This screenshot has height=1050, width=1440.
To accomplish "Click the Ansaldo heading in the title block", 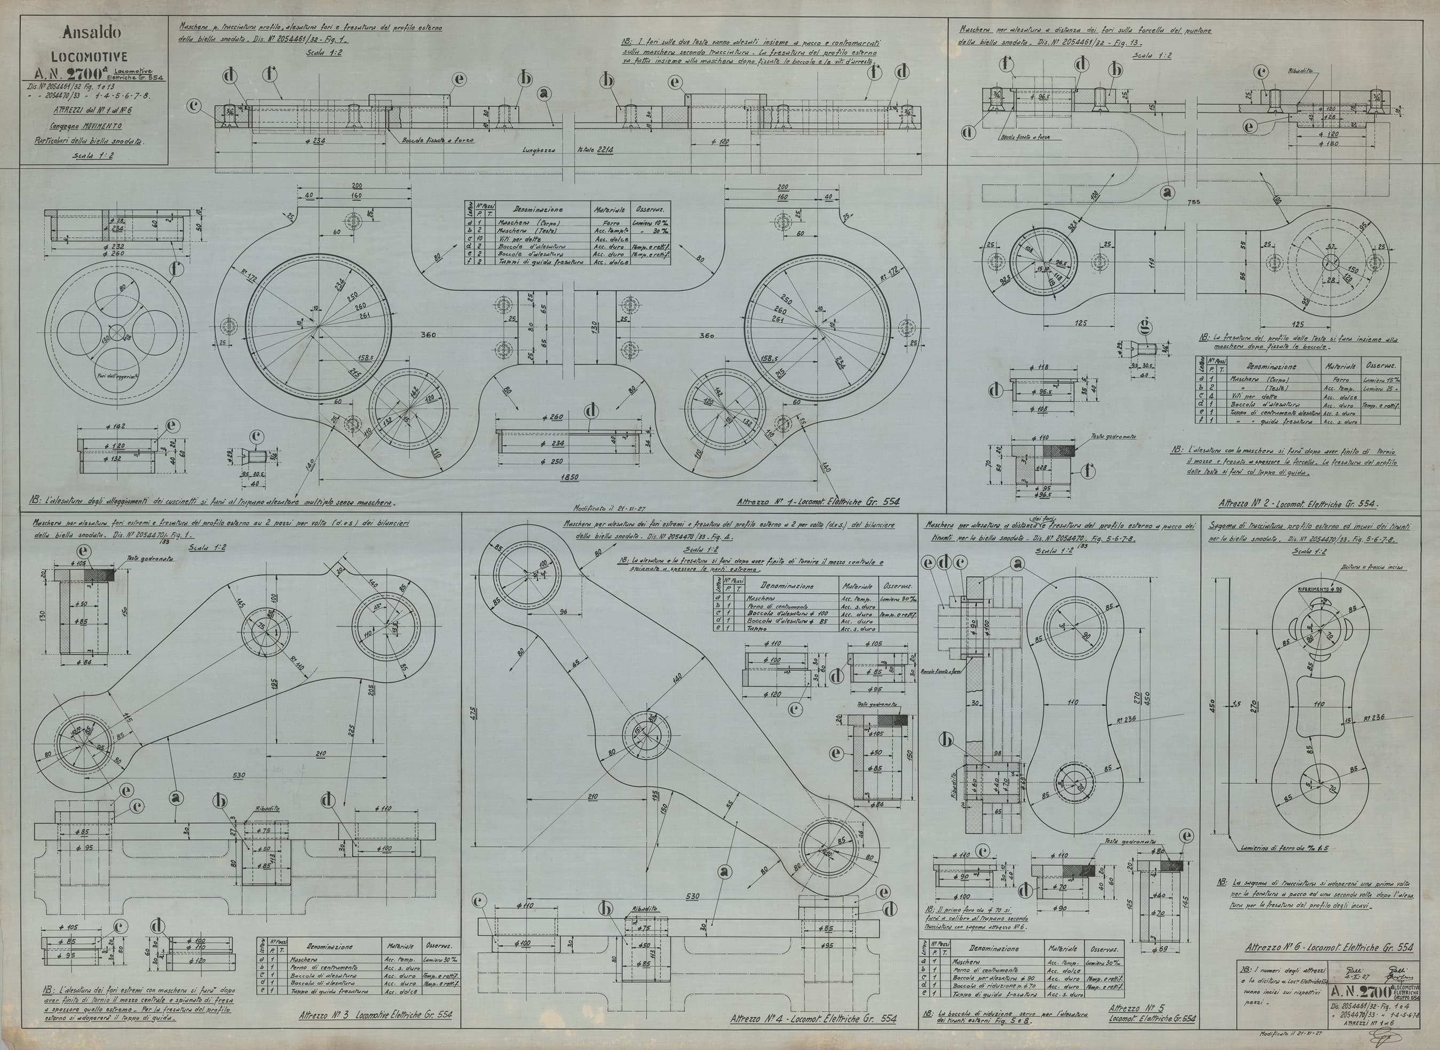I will (92, 32).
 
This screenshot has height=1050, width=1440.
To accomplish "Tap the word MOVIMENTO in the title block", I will (101, 126).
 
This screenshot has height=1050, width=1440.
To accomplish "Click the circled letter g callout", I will (1145, 326).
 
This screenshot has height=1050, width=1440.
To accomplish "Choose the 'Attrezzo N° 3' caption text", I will (375, 1014).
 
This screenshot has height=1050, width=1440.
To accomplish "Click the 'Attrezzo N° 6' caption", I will (1330, 947).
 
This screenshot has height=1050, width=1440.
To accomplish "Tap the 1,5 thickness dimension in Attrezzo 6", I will (1236, 704).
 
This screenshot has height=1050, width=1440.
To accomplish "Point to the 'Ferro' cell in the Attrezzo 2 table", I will (1339, 379).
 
